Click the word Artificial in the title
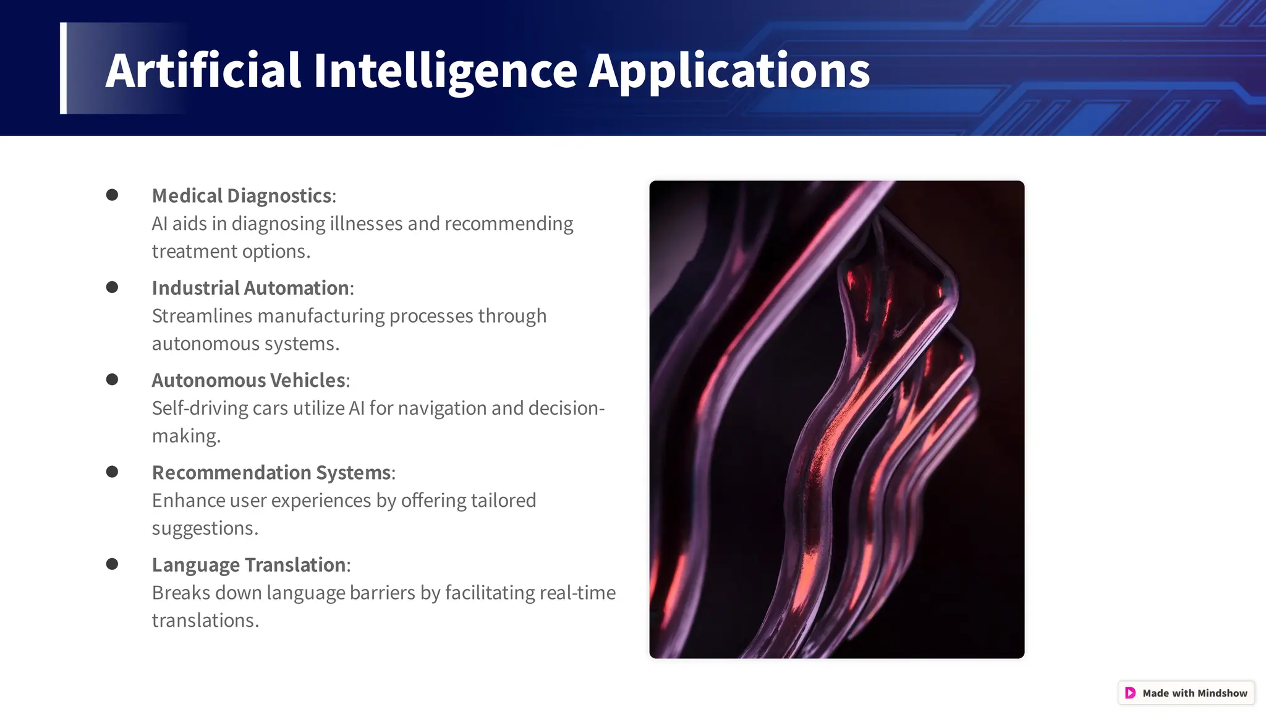coord(203,70)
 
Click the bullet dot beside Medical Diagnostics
coord(112,195)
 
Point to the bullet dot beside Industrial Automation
coord(112,287)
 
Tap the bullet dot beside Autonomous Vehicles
coord(112,379)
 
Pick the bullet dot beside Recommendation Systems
coord(112,472)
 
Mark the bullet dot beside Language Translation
coord(112,564)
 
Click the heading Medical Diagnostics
coord(242,196)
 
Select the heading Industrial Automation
coord(250,288)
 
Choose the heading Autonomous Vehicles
coord(249,380)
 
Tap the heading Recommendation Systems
coord(271,473)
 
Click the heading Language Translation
coord(249,565)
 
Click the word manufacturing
coord(321,316)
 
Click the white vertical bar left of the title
coord(63,68)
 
